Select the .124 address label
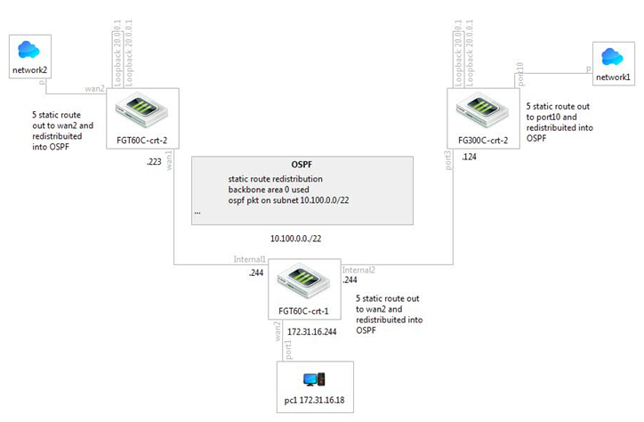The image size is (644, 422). (470, 158)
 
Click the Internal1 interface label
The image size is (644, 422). (251, 259)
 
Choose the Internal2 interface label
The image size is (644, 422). (358, 269)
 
